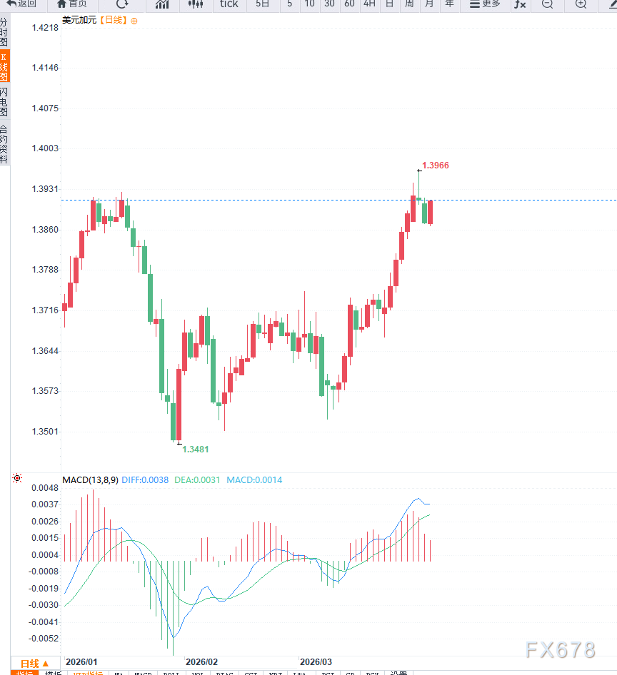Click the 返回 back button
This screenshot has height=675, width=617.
[21, 4]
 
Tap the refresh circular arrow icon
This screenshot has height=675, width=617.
[122, 4]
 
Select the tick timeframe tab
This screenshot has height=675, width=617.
[229, 4]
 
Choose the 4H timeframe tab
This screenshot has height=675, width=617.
[369, 4]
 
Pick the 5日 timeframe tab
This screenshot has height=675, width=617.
[263, 4]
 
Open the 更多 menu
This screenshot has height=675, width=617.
[486, 4]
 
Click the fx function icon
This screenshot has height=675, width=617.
[520, 4]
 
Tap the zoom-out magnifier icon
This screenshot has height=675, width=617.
[547, 4]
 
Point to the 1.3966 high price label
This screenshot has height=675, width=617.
[436, 166]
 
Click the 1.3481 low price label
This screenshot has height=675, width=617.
[196, 450]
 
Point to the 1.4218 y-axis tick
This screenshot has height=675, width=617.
[45, 28]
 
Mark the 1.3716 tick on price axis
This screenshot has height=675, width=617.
[45, 310]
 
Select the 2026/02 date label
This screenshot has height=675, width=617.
[201, 662]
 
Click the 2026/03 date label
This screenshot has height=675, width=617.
[315, 662]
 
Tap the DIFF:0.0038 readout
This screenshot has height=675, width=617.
[145, 480]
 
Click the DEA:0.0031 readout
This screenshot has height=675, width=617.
[197, 480]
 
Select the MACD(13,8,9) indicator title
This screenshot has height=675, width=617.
[90, 480]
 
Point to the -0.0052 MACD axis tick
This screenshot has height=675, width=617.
[44, 639]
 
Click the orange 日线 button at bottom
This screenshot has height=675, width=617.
[35, 664]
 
